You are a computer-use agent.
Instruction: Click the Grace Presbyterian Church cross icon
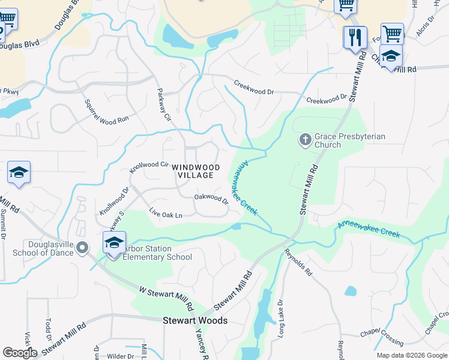(305, 140)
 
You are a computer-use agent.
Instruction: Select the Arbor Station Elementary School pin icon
(113, 243)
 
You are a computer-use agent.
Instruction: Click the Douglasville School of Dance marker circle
(83, 247)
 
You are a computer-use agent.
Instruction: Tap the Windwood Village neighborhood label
(195, 171)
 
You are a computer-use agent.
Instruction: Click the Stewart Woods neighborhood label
(195, 321)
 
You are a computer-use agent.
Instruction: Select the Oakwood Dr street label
(211, 199)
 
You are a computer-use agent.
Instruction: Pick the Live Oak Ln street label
(166, 213)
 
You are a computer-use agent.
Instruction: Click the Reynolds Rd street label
(298, 262)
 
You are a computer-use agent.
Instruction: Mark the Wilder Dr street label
(120, 356)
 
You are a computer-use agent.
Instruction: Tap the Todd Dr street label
(49, 329)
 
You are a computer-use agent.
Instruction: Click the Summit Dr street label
(3, 225)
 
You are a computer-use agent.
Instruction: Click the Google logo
(20, 353)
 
